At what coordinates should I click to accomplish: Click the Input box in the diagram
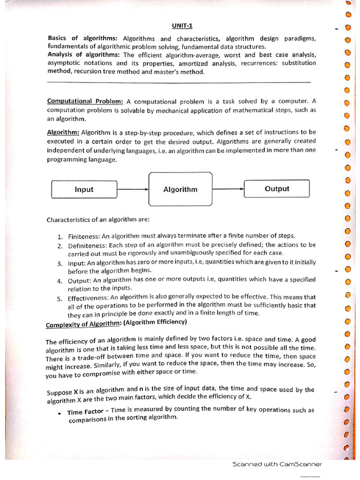click(x=84, y=189)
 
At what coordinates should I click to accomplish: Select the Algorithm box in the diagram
click(x=180, y=189)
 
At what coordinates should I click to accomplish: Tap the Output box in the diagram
click(x=277, y=189)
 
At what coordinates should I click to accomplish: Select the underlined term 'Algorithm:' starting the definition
click(x=63, y=132)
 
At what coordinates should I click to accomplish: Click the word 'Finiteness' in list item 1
click(x=83, y=236)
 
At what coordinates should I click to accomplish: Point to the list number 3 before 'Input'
click(x=60, y=263)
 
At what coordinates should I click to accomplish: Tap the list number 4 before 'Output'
click(x=60, y=281)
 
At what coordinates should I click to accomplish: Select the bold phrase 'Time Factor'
click(x=84, y=412)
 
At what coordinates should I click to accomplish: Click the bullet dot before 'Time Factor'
click(x=60, y=413)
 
